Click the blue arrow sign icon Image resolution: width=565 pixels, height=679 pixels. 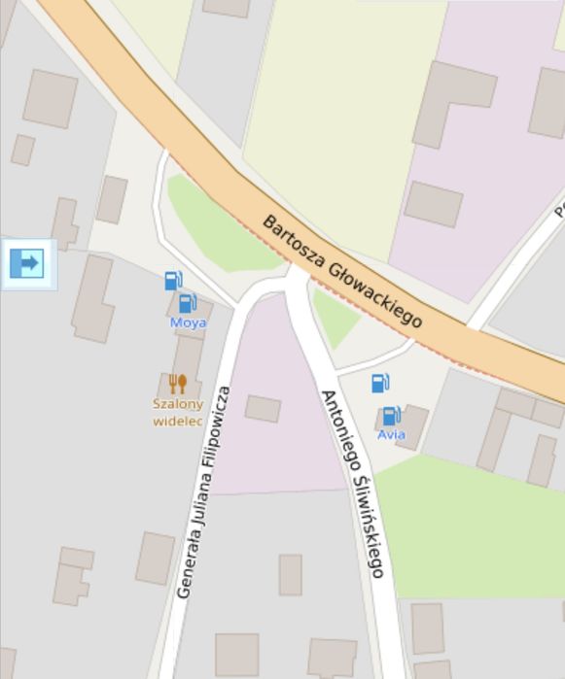click(x=27, y=262)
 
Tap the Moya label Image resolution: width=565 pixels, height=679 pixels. click(x=188, y=323)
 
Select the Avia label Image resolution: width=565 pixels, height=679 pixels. click(x=392, y=434)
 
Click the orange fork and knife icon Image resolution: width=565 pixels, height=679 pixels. click(x=177, y=384)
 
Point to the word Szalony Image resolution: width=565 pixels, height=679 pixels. click(x=177, y=404)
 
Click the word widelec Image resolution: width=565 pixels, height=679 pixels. click(x=177, y=421)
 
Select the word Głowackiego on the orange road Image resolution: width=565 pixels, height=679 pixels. click(x=375, y=295)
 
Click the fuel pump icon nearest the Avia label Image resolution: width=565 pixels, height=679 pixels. click(x=391, y=416)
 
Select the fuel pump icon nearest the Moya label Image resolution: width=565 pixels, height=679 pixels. click(x=188, y=303)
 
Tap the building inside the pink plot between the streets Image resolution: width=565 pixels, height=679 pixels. click(x=263, y=408)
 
